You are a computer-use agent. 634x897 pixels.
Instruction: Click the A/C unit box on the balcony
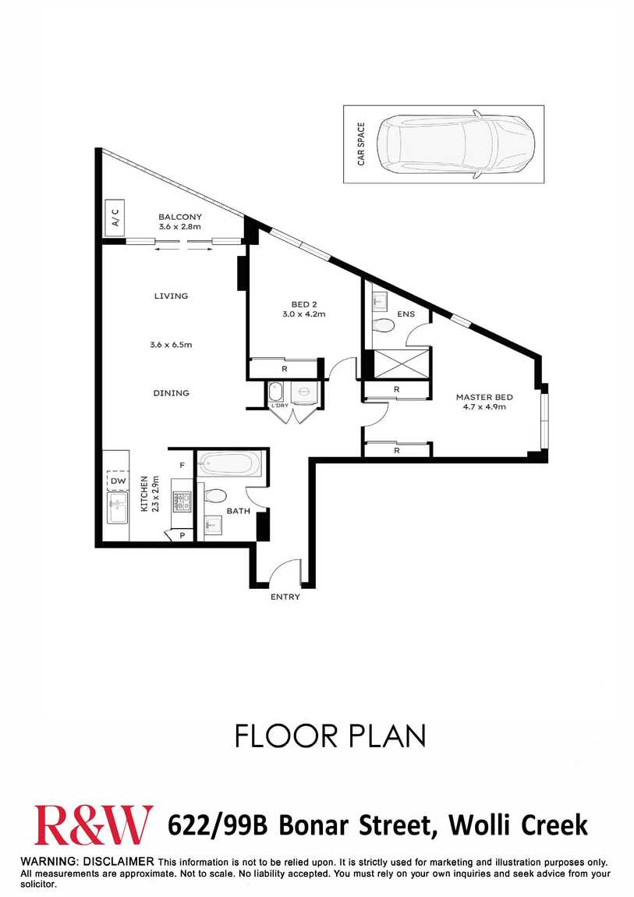(x=115, y=218)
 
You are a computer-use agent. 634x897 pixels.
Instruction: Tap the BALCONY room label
(x=180, y=217)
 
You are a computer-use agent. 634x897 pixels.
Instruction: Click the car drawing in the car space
(x=458, y=144)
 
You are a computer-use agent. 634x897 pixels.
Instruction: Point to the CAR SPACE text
(x=361, y=144)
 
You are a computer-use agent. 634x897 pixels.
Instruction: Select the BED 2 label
(x=304, y=304)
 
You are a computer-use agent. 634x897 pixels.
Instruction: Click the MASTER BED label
(x=484, y=397)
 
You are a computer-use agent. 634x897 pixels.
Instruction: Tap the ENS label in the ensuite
(x=406, y=314)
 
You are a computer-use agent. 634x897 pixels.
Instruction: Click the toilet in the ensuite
(x=383, y=325)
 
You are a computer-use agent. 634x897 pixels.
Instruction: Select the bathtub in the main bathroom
(x=230, y=463)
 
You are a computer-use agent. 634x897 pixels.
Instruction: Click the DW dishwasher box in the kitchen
(x=118, y=481)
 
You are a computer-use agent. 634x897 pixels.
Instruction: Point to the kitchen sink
(x=118, y=508)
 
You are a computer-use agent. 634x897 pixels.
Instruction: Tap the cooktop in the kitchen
(x=183, y=502)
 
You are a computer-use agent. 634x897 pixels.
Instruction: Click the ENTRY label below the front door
(x=285, y=597)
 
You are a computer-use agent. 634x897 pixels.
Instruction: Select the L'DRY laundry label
(x=279, y=406)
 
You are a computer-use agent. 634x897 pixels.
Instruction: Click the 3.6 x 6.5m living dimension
(x=171, y=345)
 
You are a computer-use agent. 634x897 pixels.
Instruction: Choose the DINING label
(x=171, y=393)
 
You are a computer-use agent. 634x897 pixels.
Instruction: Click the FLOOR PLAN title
(x=331, y=736)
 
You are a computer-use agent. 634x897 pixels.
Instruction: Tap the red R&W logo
(x=93, y=824)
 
